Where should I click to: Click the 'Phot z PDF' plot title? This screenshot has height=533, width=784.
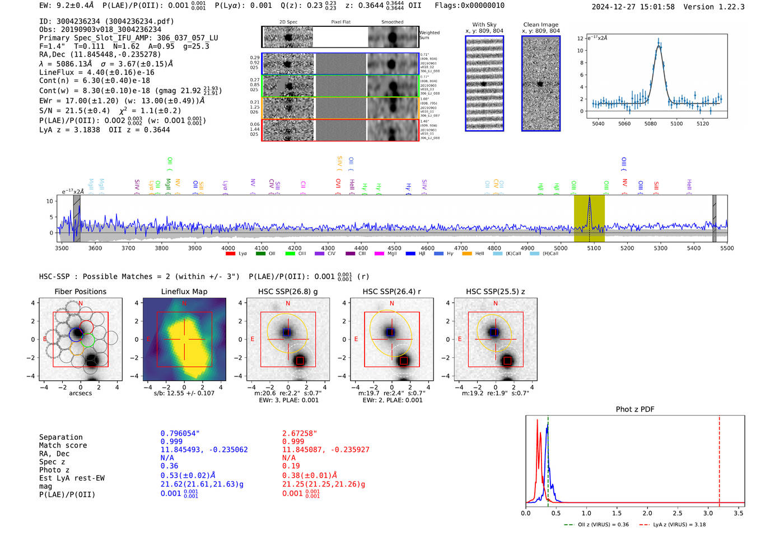pyautogui.click(x=635, y=409)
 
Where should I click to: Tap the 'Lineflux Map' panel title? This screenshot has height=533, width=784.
pyautogui.click(x=184, y=291)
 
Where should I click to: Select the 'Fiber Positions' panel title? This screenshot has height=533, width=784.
pyautogui.click(x=80, y=291)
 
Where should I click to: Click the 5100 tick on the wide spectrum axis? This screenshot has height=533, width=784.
pyautogui.click(x=594, y=248)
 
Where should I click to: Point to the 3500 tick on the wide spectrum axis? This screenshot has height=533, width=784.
pyautogui.click(x=62, y=248)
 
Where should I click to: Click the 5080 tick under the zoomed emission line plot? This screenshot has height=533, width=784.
pyautogui.click(x=650, y=123)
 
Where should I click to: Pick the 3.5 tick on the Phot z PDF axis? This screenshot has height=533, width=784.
pyautogui.click(x=739, y=513)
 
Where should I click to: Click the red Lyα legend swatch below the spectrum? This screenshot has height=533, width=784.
pyautogui.click(x=230, y=254)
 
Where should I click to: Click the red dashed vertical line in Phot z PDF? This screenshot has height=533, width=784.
pyautogui.click(x=719, y=459)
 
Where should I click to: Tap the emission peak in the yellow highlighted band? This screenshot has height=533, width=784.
pyautogui.click(x=589, y=199)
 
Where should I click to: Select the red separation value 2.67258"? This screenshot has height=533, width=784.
pyautogui.click(x=299, y=433)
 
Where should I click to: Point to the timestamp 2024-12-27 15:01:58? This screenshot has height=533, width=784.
pyautogui.click(x=633, y=7)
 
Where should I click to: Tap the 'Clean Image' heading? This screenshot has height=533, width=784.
pyautogui.click(x=540, y=25)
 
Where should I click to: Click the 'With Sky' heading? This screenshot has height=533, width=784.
pyautogui.click(x=484, y=25)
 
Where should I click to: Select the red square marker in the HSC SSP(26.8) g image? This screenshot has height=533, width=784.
pyautogui.click(x=300, y=360)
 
